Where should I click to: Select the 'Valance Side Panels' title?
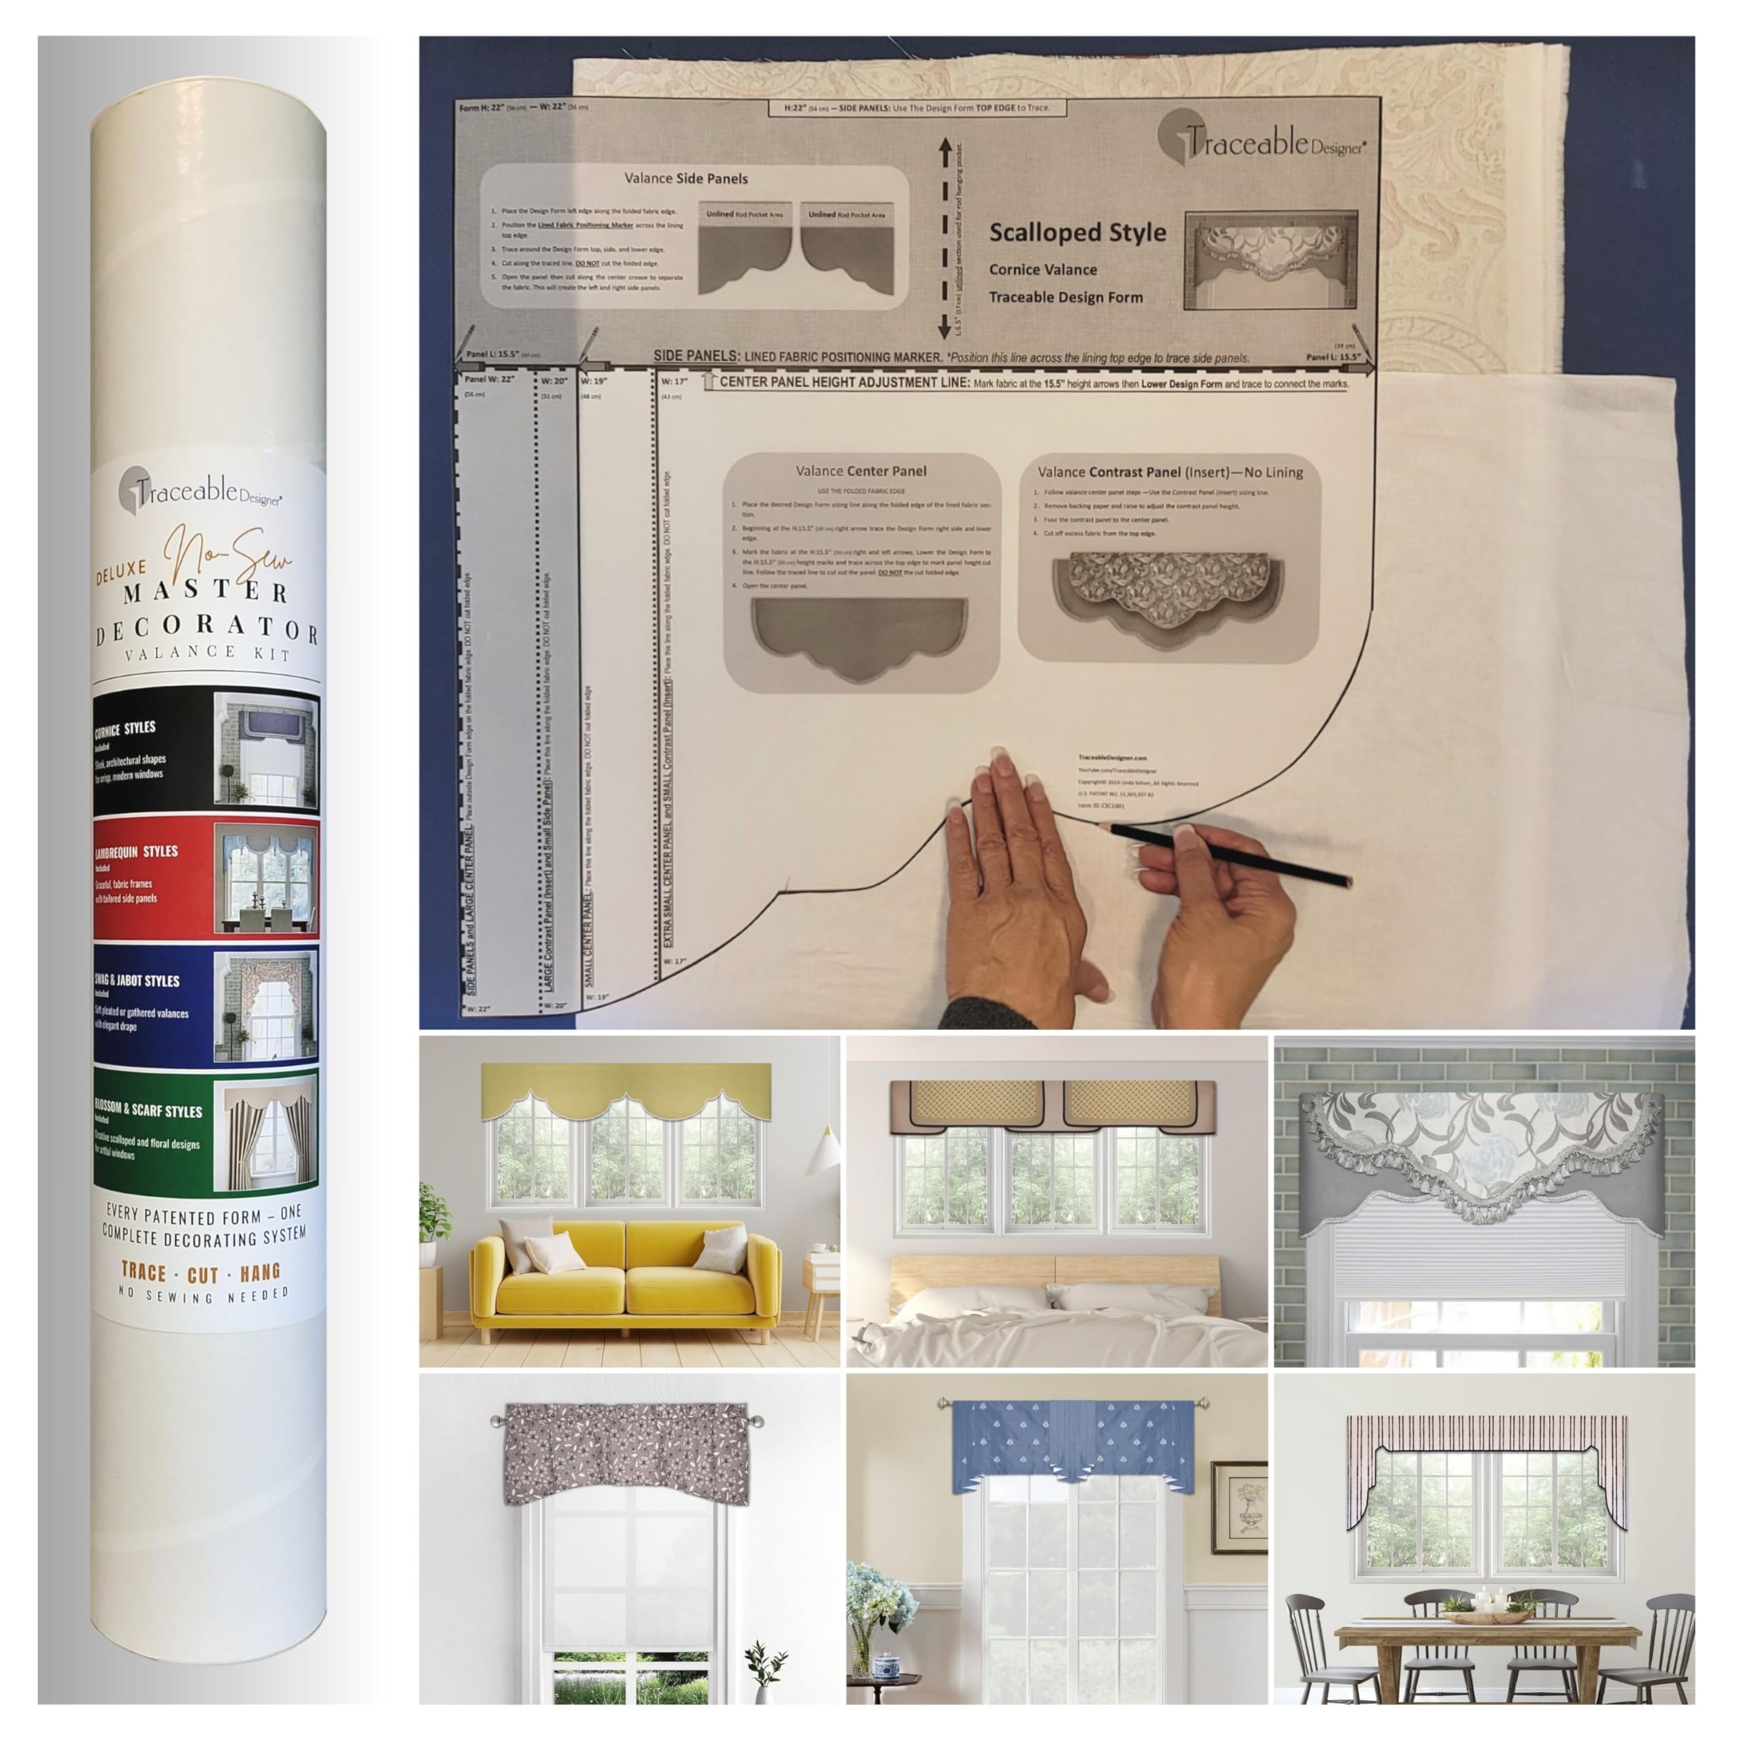coord(686,178)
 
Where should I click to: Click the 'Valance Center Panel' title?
coord(860,471)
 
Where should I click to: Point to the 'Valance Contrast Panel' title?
coord(1169,471)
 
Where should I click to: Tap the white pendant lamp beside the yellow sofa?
coord(822,1156)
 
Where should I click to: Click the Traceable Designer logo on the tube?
coord(200,490)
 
